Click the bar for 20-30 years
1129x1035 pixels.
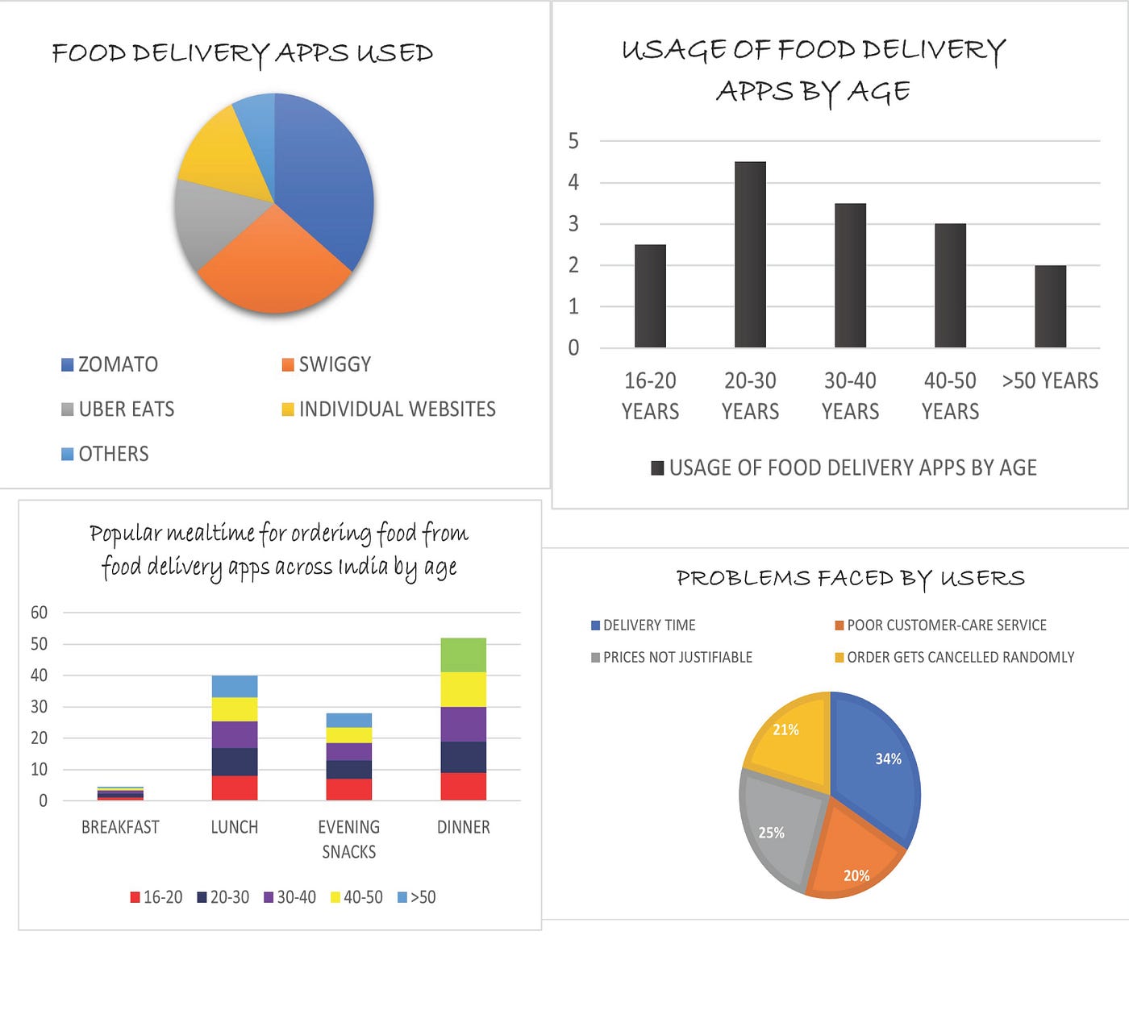coord(750,255)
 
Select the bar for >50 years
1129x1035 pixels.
coord(1050,306)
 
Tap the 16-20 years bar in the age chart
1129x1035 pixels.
coord(650,296)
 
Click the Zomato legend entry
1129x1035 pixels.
coord(110,364)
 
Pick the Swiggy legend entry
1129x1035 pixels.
coord(327,364)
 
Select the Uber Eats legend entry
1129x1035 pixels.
coord(118,409)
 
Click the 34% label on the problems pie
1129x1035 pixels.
coord(888,759)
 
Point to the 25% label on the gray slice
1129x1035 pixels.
coord(771,833)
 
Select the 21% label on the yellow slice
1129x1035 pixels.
coord(785,729)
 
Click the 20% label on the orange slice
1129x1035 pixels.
coord(856,875)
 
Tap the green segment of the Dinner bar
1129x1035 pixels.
coord(463,655)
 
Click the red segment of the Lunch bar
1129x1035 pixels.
coord(235,788)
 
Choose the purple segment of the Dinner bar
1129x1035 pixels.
coord(463,724)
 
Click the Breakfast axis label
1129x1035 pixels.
coord(120,827)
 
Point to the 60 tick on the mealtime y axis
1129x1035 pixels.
coord(39,613)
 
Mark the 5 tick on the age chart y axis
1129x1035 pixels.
coord(573,141)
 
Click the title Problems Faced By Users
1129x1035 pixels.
coord(850,578)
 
